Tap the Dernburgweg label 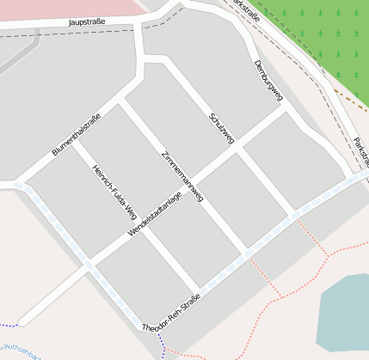(268, 82)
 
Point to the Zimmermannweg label (182, 176)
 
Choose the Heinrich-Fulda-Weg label (114, 192)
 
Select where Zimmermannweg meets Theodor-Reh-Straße (246, 253)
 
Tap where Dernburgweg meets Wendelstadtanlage (285, 108)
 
